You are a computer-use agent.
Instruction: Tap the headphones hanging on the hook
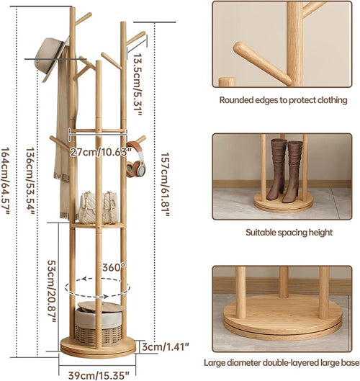[136, 160]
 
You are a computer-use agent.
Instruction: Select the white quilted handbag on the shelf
[99, 207]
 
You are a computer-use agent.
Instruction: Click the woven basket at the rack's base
[98, 323]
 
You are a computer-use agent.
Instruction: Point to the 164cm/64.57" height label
[6, 181]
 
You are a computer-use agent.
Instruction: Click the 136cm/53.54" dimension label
[31, 181]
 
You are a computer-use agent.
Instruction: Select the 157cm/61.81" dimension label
[165, 184]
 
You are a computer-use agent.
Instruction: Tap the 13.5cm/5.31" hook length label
[138, 84]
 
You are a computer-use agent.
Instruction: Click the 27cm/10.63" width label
[100, 153]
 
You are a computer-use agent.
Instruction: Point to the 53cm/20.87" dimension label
[52, 292]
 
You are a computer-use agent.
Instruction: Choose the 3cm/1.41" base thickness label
[166, 346]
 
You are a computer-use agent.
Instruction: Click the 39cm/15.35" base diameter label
[99, 375]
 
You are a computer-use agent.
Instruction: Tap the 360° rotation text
[114, 267]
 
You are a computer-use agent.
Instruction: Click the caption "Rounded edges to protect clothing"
[283, 100]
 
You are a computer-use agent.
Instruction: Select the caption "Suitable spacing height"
[289, 233]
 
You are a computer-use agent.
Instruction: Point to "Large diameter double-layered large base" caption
[282, 363]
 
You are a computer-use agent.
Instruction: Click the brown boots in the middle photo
[284, 171]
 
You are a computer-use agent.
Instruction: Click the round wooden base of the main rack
[98, 348]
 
